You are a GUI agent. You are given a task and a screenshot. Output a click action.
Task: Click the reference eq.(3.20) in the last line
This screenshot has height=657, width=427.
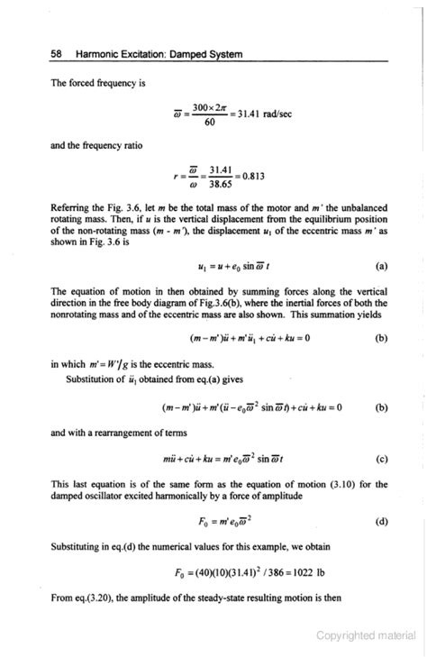tap(87, 604)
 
